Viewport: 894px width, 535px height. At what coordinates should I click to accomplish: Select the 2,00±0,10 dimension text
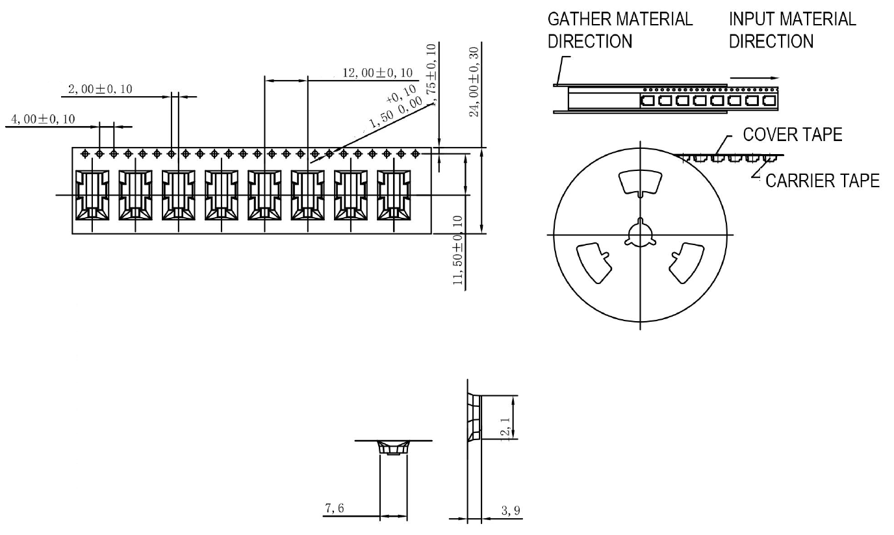[x=100, y=89]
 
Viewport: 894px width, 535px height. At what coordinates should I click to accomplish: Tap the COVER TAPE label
[x=792, y=135]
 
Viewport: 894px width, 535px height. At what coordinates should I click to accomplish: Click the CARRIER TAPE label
[x=823, y=181]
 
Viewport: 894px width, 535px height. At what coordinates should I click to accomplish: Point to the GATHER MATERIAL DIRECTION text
[x=620, y=30]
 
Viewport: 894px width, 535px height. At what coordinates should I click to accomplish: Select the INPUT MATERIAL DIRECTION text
[x=792, y=30]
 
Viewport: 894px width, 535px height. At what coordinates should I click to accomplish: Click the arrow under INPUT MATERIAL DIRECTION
[x=753, y=77]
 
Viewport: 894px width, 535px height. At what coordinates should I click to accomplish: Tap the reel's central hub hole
[x=640, y=235]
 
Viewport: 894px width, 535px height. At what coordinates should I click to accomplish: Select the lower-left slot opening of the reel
[x=594, y=264]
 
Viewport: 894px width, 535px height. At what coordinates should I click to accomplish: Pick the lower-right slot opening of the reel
[x=687, y=263]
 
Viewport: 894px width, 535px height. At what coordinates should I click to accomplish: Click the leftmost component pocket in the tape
[x=92, y=196]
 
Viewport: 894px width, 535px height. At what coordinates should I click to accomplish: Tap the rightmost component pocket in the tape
[x=393, y=196]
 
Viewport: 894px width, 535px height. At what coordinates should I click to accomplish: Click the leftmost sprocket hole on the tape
[x=85, y=153]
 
